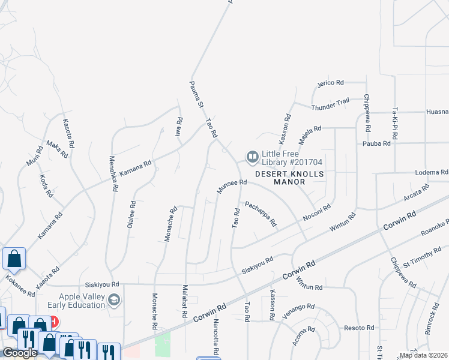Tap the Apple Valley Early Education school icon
pos(113,299)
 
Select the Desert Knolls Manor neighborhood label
pos(290,178)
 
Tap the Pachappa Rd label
pos(261,213)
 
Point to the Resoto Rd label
pos(360,328)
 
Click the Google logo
pos(20,353)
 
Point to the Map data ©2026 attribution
pos(423,355)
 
